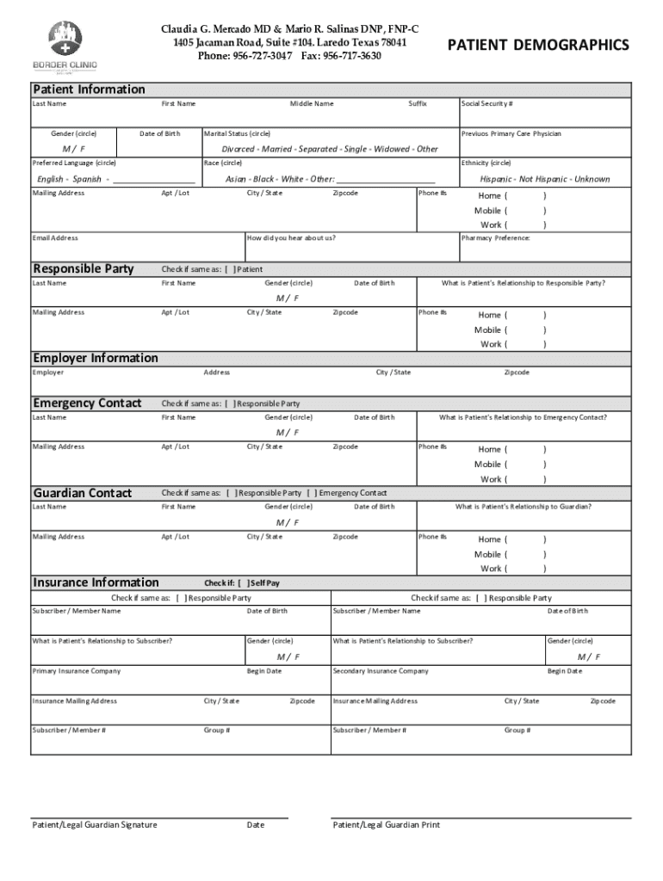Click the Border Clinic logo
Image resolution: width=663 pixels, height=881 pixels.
coord(65,46)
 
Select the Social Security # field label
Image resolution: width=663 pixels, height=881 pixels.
coord(487,103)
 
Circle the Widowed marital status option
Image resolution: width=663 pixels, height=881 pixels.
coord(393,149)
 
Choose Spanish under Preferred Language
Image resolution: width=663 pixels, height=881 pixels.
coord(87,179)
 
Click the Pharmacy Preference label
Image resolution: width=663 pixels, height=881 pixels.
coord(495,237)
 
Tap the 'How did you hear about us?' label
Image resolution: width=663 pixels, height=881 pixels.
coord(291,237)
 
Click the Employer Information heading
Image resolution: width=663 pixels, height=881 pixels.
coord(96,358)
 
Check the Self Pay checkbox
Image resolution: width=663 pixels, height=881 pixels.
coord(241,582)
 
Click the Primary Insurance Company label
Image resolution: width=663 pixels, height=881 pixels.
coord(77,671)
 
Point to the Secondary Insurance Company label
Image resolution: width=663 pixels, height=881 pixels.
coord(380,671)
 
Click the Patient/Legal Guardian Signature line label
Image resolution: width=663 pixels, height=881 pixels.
coord(95,824)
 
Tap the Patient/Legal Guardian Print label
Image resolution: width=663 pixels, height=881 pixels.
coord(387,824)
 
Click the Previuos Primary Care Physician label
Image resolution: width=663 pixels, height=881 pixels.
coord(511,134)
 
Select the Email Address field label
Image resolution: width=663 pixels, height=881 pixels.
coord(55,237)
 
